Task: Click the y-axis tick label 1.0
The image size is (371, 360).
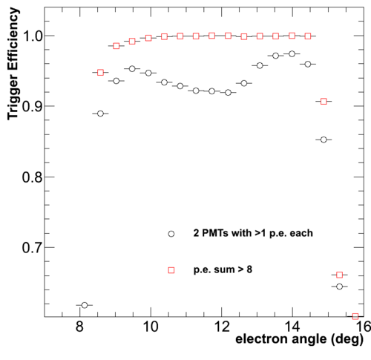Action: pyautogui.click(x=33, y=36)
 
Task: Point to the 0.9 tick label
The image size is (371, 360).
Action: pyautogui.click(x=33, y=107)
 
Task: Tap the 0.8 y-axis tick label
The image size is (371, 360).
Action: pyautogui.click(x=33, y=177)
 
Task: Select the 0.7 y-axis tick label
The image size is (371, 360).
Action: pyautogui.click(x=33, y=248)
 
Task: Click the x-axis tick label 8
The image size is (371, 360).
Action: pyautogui.click(x=79, y=327)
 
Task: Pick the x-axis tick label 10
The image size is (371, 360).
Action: pyautogui.click(x=151, y=327)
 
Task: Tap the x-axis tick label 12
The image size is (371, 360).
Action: pyautogui.click(x=222, y=327)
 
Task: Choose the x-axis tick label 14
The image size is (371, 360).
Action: pyautogui.click(x=292, y=327)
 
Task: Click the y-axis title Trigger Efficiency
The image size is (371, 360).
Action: pyautogui.click(x=13, y=64)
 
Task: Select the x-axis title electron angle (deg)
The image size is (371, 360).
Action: pyautogui.click(x=299, y=339)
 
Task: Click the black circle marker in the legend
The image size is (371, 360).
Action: pyautogui.click(x=171, y=234)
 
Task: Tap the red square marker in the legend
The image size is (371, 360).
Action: pyautogui.click(x=171, y=270)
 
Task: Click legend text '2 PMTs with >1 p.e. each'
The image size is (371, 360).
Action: pyautogui.click(x=253, y=233)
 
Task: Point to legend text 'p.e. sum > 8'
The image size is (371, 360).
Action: pyautogui.click(x=223, y=269)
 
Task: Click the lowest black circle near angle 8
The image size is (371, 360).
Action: pyautogui.click(x=85, y=305)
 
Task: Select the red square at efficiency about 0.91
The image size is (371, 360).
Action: pyautogui.click(x=324, y=102)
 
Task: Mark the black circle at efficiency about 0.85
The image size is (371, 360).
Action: pyautogui.click(x=324, y=140)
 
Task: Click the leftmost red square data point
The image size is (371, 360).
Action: pyautogui.click(x=100, y=73)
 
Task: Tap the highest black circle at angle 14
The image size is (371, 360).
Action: pyautogui.click(x=292, y=53)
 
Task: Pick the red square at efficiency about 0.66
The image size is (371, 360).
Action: pyautogui.click(x=339, y=275)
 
